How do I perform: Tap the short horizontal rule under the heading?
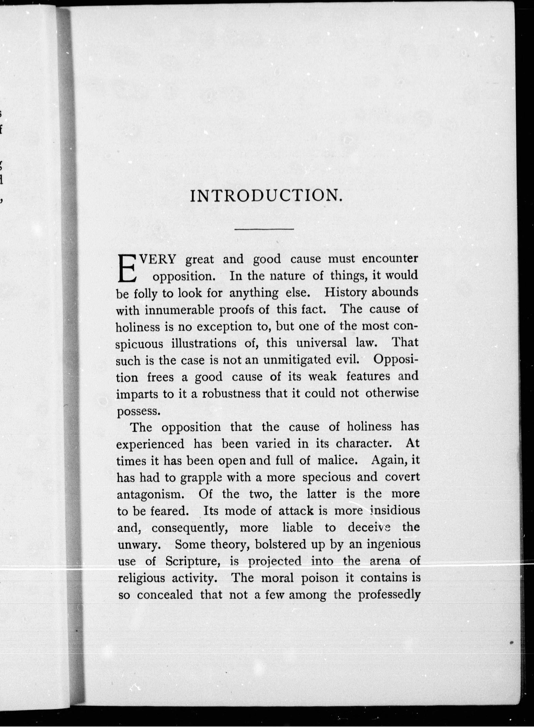tap(264, 229)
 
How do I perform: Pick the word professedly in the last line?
tap(389, 595)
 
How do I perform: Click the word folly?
tap(146, 293)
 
